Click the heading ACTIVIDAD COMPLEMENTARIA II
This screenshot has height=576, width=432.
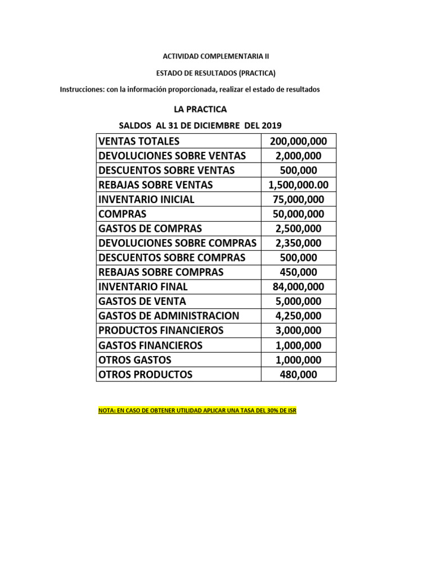click(x=216, y=56)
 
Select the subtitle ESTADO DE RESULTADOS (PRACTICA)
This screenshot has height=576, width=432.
click(x=216, y=73)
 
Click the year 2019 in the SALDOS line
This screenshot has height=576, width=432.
click(x=269, y=125)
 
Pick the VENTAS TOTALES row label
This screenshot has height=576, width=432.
click(x=138, y=141)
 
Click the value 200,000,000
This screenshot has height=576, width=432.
click(x=299, y=141)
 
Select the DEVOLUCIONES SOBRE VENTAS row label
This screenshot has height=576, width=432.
click(x=172, y=155)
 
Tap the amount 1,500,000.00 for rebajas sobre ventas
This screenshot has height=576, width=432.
click(x=299, y=184)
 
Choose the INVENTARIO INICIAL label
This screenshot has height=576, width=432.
click(x=146, y=199)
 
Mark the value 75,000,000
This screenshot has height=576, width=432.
click(x=299, y=199)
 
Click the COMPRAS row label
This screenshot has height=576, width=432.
click(x=122, y=214)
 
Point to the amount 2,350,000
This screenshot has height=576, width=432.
click(x=299, y=243)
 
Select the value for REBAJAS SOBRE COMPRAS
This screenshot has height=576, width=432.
click(x=299, y=272)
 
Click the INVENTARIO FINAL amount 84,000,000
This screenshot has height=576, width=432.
click(x=299, y=287)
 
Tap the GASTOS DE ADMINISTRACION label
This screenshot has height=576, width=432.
click(x=169, y=316)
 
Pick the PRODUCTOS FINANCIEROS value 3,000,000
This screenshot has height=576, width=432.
click(x=299, y=330)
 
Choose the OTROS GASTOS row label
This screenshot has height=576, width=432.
click(x=134, y=359)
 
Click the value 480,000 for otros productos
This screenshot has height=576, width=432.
click(x=299, y=374)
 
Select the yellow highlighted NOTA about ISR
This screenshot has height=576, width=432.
click(x=197, y=411)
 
